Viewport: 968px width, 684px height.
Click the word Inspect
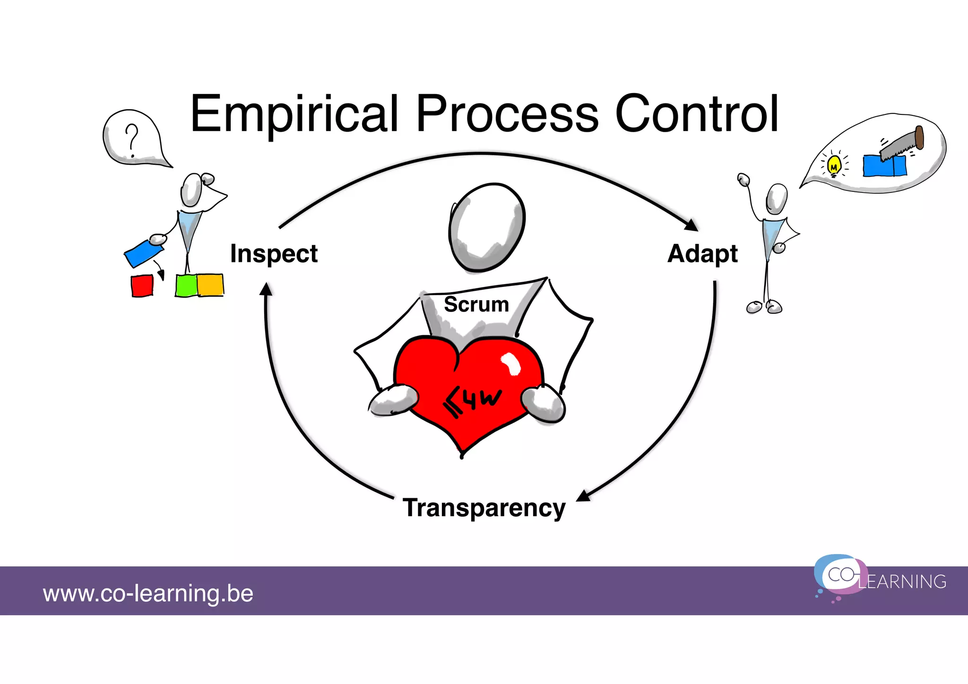tap(274, 254)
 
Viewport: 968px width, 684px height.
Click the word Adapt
tap(702, 254)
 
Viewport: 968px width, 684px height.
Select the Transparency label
tap(484, 508)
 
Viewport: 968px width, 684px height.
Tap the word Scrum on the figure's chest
tap(476, 304)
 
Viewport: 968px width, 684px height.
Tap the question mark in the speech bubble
tap(132, 140)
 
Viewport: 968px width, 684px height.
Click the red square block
tap(142, 286)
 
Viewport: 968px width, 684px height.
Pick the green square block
tap(186, 286)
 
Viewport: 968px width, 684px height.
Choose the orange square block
tap(210, 285)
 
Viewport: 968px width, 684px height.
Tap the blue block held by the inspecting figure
tap(143, 253)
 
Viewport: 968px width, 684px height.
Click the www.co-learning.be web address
tap(148, 593)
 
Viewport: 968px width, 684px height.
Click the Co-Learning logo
tap(879, 578)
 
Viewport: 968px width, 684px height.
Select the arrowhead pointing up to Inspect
tap(267, 289)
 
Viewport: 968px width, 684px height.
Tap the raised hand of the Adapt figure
tap(743, 180)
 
